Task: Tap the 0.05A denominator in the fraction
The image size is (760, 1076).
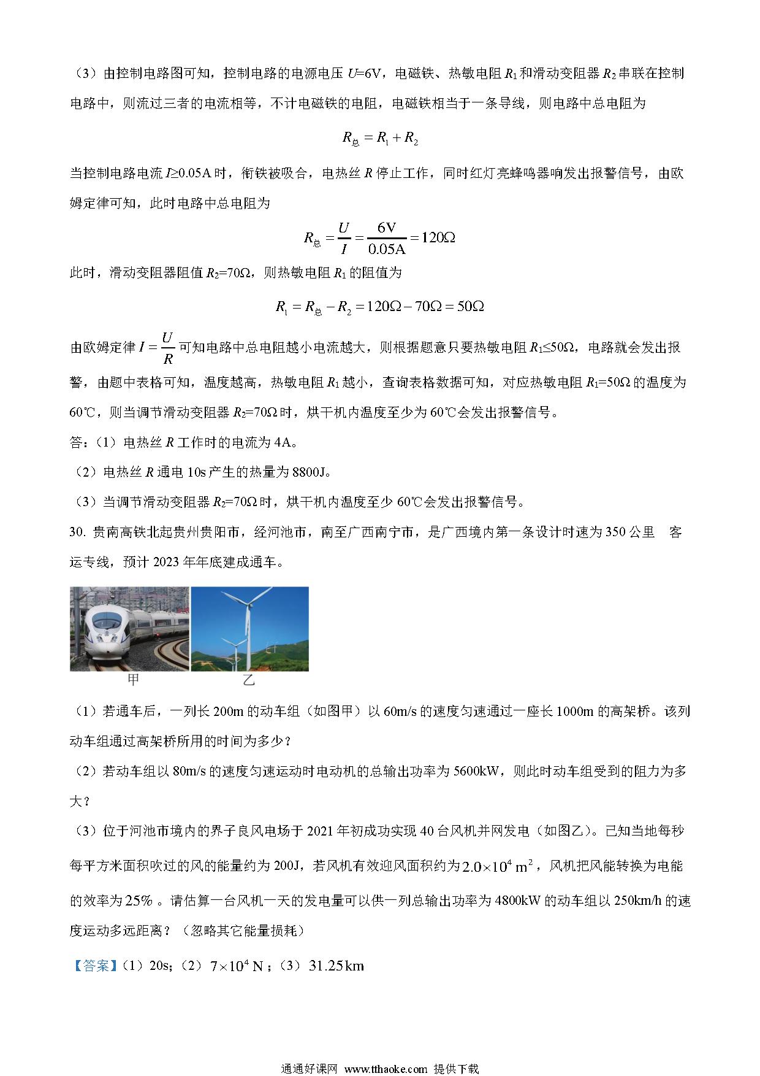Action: pyautogui.click(x=387, y=248)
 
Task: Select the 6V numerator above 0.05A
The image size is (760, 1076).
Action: pyautogui.click(x=387, y=228)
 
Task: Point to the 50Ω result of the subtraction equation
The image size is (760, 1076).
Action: pyautogui.click(x=471, y=306)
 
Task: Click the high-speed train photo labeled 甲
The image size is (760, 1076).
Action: pyautogui.click(x=130, y=629)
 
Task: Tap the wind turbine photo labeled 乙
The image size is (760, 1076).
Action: pyautogui.click(x=249, y=629)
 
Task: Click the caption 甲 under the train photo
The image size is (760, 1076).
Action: pyautogui.click(x=132, y=680)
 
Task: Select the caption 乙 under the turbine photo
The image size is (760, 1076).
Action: pyautogui.click(x=248, y=680)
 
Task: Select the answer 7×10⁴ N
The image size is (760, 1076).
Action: pyautogui.click(x=236, y=966)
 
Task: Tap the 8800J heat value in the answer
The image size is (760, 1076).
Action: pyautogui.click(x=302, y=472)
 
